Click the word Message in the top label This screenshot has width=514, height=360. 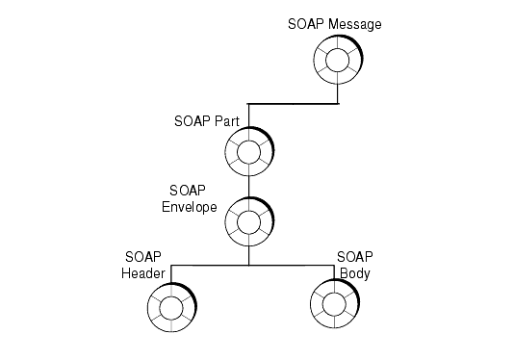(352, 24)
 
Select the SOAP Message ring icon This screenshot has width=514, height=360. (338, 62)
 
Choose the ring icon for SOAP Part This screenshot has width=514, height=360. (248, 152)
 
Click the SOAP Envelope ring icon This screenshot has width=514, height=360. (248, 220)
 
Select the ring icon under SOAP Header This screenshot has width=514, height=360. (171, 308)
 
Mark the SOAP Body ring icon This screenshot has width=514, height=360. (334, 307)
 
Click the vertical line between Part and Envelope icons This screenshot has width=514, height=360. (248, 185)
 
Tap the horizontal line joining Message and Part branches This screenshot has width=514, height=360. (293, 103)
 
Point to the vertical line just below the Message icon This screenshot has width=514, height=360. (338, 93)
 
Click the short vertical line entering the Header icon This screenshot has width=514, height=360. (171, 273)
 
